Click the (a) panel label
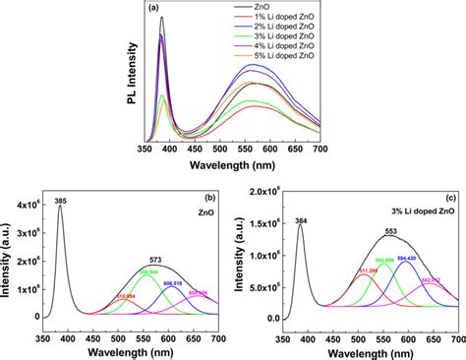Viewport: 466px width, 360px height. [155, 8]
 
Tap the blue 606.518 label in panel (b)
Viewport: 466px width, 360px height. [175, 282]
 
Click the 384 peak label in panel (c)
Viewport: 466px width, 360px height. [300, 221]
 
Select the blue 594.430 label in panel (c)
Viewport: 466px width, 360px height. [408, 259]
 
